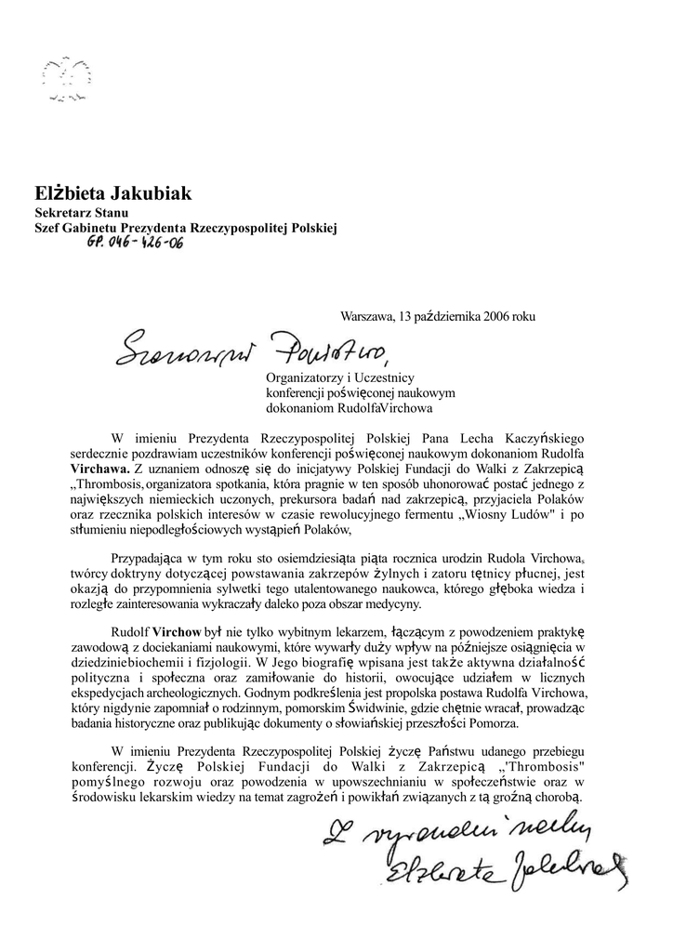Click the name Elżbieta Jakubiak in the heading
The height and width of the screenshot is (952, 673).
coord(112,194)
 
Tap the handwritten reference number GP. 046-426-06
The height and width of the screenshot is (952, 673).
coord(135,244)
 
